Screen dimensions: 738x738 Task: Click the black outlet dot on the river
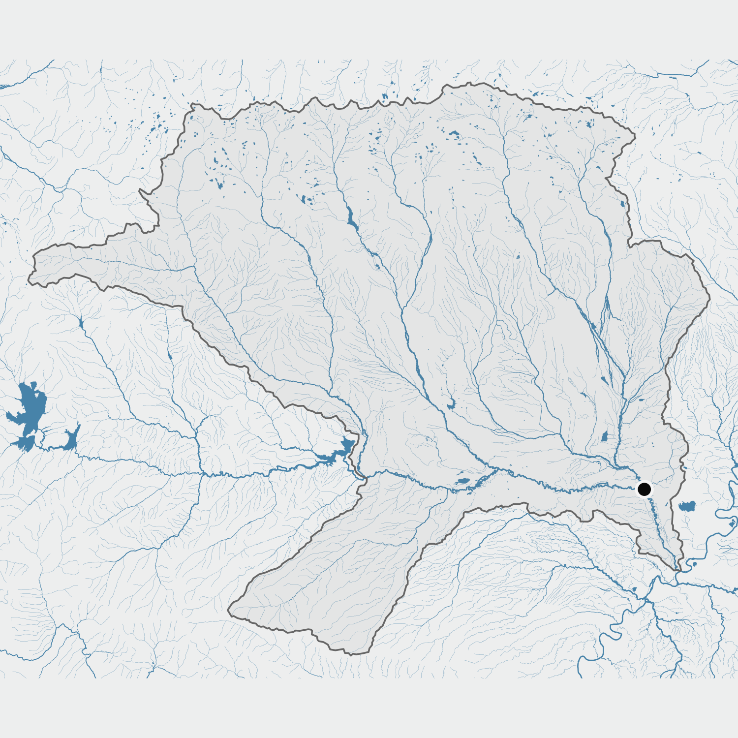pyautogui.click(x=644, y=489)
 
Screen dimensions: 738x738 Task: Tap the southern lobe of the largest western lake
pyautogui.click(x=25, y=442)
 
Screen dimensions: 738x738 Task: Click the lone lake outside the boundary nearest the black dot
pyautogui.click(x=687, y=506)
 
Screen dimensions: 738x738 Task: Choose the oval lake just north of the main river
pyautogui.click(x=463, y=481)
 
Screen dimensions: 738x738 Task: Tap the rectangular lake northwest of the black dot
pyautogui.click(x=605, y=436)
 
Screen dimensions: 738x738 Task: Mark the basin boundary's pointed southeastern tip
pyautogui.click(x=679, y=571)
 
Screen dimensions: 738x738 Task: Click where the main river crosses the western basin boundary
pyautogui.click(x=363, y=476)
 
